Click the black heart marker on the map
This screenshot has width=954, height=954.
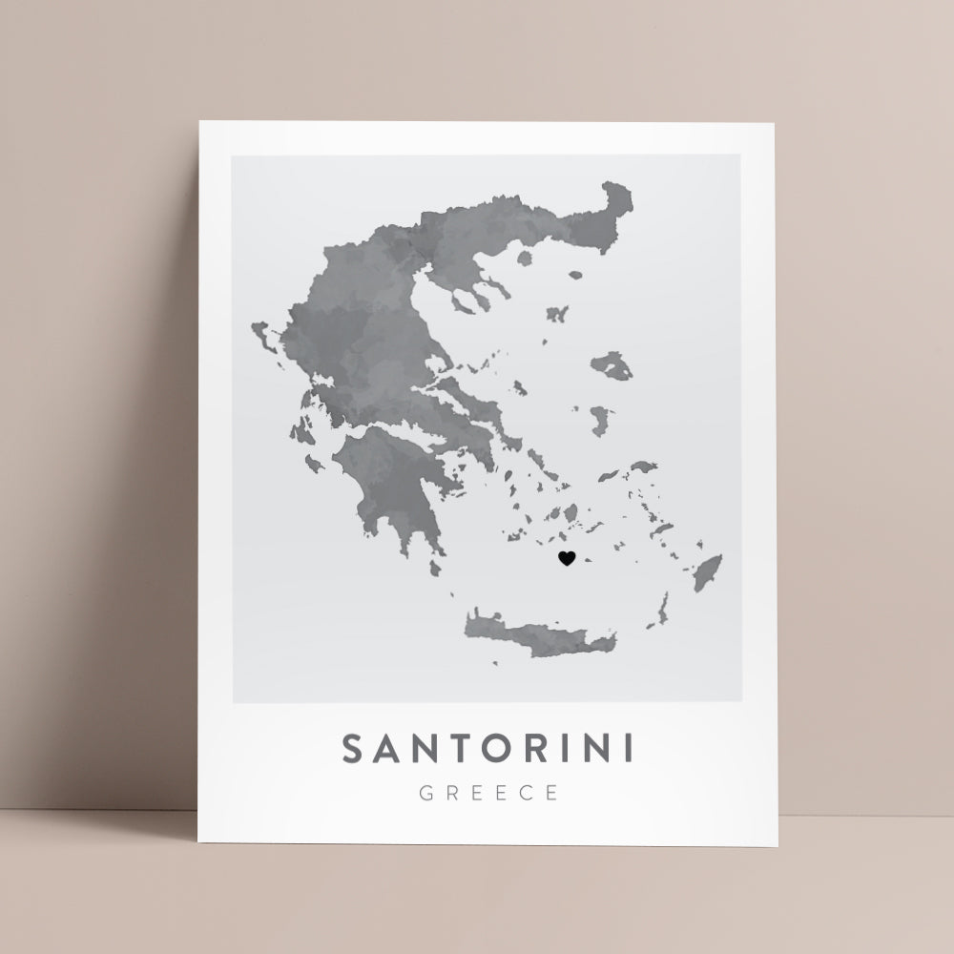point(567,558)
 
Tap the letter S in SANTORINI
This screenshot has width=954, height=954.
point(353,749)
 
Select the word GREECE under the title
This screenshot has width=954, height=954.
point(487,792)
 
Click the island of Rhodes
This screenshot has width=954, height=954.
point(707,573)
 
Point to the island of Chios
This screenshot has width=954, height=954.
point(600,420)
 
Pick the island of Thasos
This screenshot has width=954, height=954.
point(524,257)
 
